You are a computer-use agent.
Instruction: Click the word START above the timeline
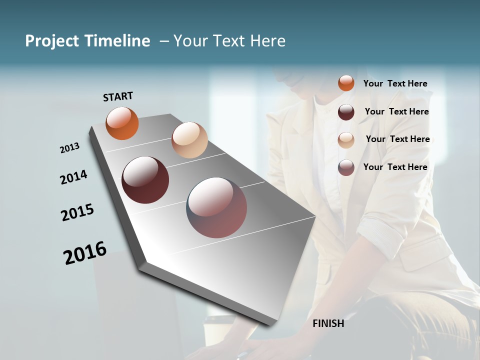(118, 96)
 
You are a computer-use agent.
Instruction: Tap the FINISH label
(328, 323)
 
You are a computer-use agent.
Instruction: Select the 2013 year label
(69, 148)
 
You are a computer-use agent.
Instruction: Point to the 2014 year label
(73, 177)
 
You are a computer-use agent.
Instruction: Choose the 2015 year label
(77, 212)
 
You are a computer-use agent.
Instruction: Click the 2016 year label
(85, 252)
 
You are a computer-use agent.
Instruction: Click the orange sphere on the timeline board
(122, 123)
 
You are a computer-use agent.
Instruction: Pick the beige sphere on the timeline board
(189, 140)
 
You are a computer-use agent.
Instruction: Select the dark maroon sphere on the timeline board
(145, 180)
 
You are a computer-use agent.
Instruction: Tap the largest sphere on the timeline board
(217, 207)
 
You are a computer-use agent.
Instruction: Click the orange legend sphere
(346, 83)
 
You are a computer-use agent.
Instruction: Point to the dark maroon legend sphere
(346, 111)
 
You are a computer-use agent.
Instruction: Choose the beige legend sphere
(346, 139)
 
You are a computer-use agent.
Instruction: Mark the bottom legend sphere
(346, 167)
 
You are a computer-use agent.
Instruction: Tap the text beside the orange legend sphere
(395, 83)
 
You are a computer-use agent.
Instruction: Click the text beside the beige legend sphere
(397, 139)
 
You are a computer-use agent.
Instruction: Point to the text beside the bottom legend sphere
(395, 167)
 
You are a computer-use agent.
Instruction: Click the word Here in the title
(267, 41)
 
